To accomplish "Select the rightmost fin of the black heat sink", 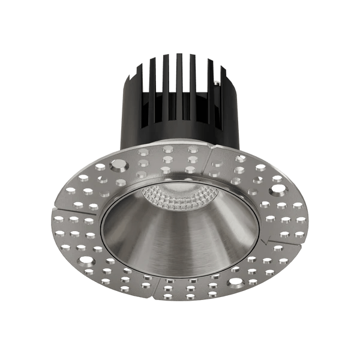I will click(223, 96).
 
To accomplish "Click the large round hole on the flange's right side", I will click(278, 192).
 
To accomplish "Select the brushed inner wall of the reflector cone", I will click(180, 234).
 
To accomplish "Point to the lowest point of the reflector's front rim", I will click(180, 277).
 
